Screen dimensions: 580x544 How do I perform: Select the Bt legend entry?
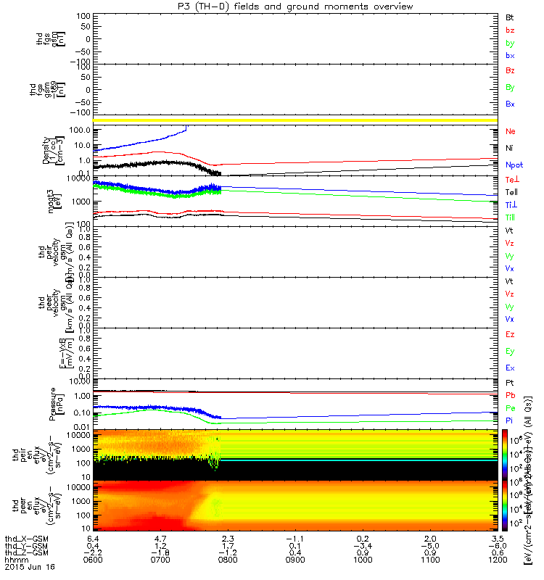[511, 16]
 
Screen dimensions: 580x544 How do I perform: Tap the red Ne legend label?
[511, 132]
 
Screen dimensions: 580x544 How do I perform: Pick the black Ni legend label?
[510, 148]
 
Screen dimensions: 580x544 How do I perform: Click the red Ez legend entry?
[511, 334]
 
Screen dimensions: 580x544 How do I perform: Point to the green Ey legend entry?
[511, 351]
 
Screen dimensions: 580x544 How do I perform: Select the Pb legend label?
[511, 395]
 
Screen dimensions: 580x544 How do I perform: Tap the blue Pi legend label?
[510, 420]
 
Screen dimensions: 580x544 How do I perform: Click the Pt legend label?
[510, 382]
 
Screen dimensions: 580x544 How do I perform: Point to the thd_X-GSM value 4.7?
[160, 539]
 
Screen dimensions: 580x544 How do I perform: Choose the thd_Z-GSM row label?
[25, 553]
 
